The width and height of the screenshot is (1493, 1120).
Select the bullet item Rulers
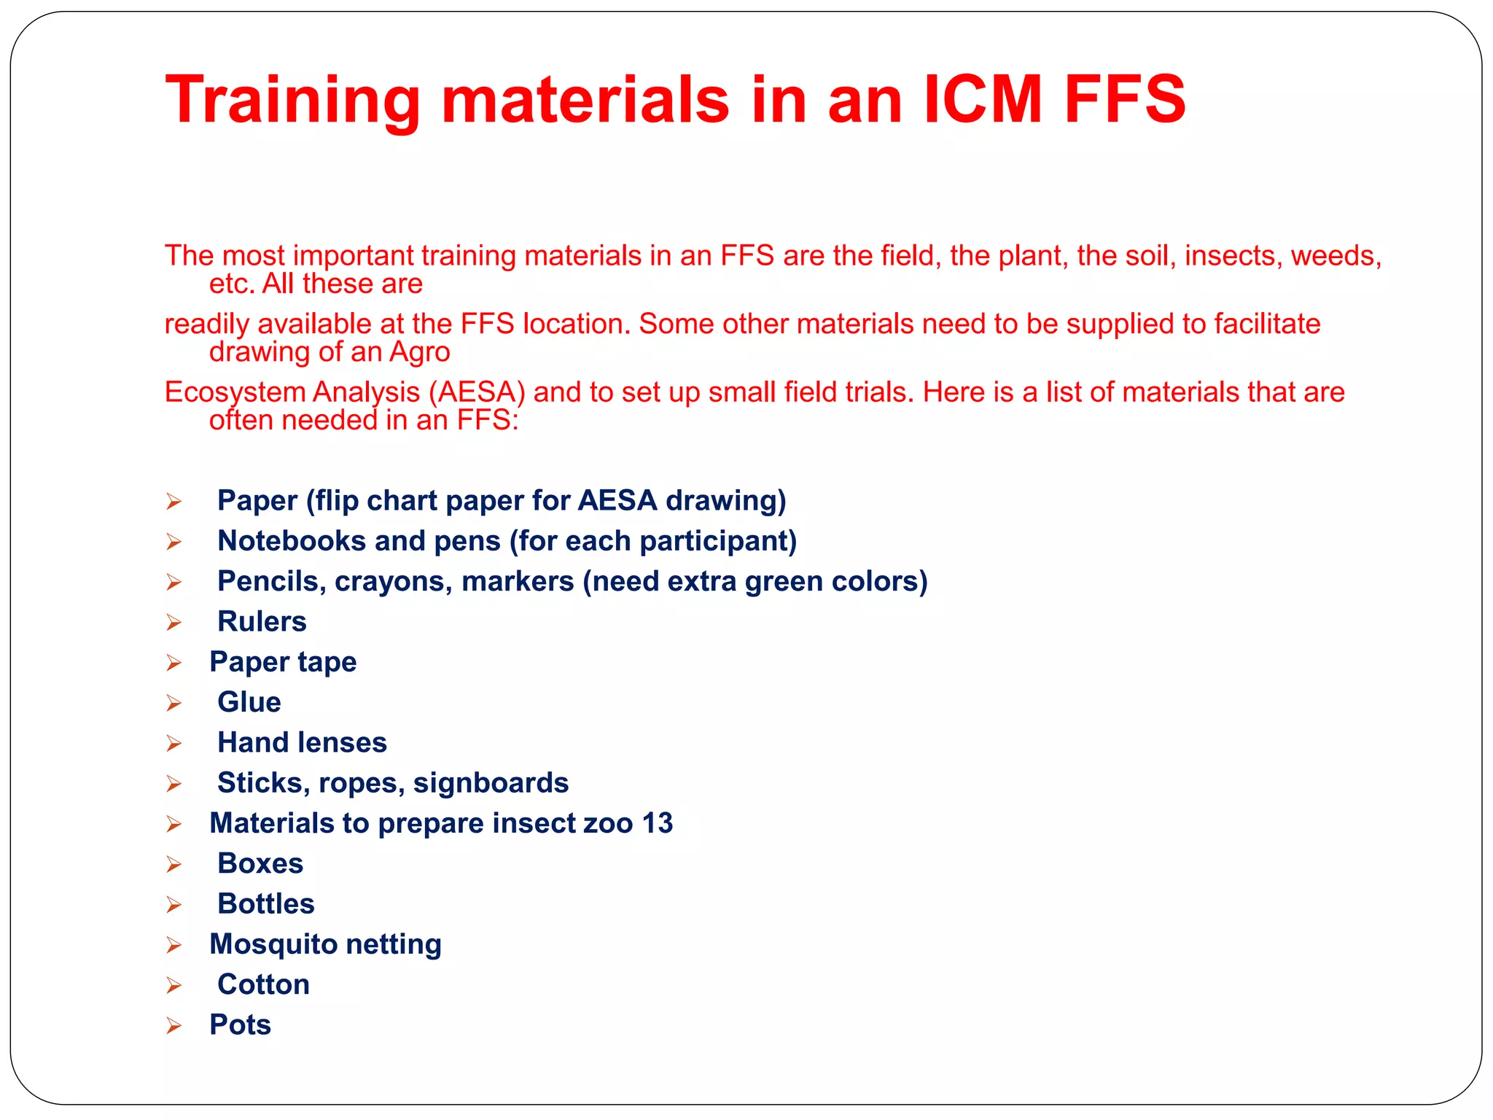click(262, 621)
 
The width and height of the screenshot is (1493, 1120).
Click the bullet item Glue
click(249, 702)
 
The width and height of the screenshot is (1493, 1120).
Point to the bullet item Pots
click(240, 1024)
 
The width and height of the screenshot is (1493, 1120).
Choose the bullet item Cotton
click(263, 984)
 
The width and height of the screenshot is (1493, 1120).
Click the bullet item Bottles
click(265, 903)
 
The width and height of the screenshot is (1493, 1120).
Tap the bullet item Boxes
click(260, 863)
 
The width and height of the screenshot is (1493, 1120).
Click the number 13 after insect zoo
click(658, 823)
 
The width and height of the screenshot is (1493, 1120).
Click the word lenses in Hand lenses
click(342, 742)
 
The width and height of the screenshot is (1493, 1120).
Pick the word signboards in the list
click(491, 783)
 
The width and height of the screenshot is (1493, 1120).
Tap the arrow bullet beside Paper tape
click(174, 663)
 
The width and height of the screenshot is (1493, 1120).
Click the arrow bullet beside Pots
click(174, 1026)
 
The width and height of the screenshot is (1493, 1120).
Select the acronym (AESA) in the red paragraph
click(477, 392)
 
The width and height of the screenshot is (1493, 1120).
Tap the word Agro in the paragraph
click(420, 352)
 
